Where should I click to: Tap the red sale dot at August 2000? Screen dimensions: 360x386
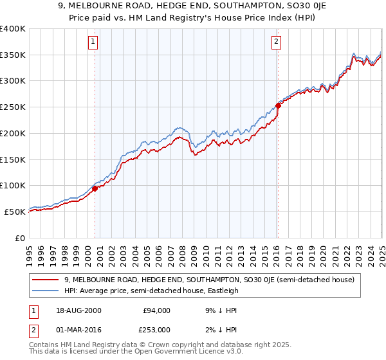[x=95, y=188]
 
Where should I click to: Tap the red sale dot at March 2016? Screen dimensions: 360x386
[x=278, y=105]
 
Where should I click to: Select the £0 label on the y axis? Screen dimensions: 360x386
[x=19, y=238]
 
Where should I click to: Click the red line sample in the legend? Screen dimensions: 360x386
[x=46, y=280]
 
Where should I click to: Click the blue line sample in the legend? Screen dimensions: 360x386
[x=46, y=291]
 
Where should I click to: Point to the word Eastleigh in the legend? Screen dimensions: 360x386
[x=222, y=291]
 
